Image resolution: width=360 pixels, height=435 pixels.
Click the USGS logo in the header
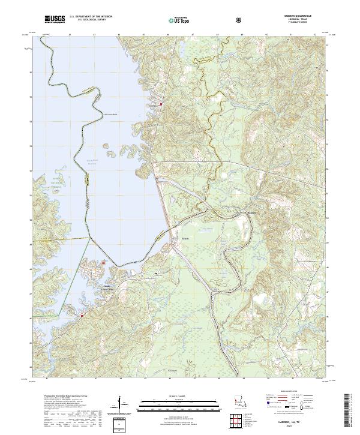[x=55, y=20]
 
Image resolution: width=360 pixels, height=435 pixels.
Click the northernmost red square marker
[x=161, y=105]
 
